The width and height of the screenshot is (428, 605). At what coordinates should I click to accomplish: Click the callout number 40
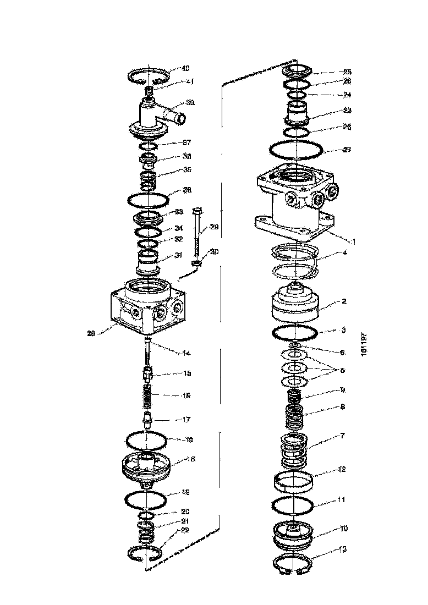[x=185, y=69]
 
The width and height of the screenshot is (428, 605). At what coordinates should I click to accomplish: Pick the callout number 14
[x=186, y=353]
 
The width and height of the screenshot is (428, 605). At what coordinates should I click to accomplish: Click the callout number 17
[x=186, y=420]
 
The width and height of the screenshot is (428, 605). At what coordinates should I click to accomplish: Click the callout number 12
[x=342, y=469]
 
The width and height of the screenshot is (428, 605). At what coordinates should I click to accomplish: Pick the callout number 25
[x=347, y=72]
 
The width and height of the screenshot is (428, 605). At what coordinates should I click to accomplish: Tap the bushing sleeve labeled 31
[x=148, y=261]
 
